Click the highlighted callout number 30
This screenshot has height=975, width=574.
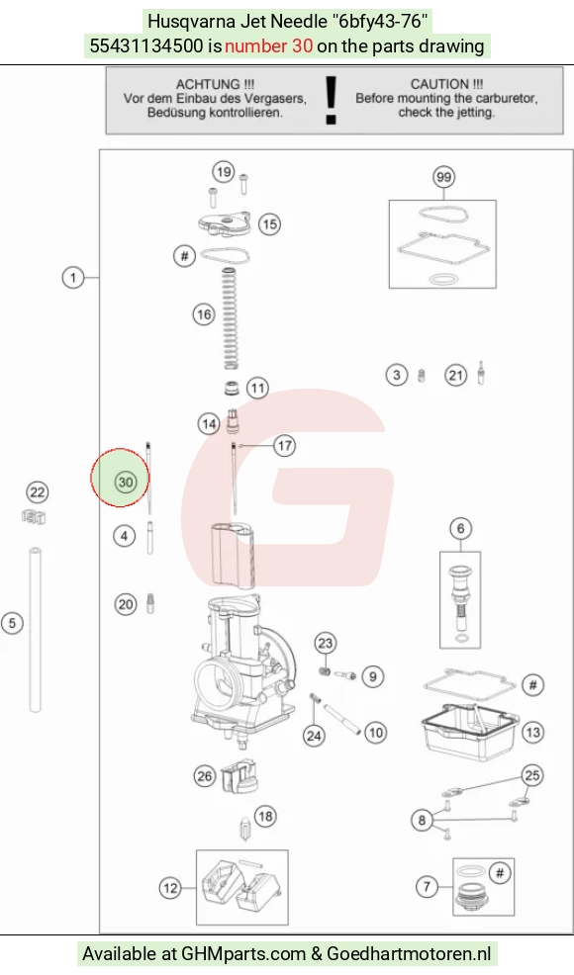point(126,482)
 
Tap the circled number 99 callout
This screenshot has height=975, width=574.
point(443,177)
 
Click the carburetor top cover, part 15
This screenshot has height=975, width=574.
point(225,224)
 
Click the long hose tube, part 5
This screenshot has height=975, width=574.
point(35,629)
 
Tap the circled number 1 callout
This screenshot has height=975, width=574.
point(73,277)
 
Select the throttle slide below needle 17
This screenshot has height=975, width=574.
point(233,554)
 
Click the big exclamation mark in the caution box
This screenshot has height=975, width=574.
point(332,100)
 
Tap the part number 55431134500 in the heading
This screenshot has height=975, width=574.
point(146,46)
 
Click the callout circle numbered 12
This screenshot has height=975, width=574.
point(170,888)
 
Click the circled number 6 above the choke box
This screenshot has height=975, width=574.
point(461,529)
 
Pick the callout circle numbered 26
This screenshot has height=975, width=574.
point(204,776)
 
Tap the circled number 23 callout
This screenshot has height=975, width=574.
point(326,643)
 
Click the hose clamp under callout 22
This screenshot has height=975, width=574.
point(34,516)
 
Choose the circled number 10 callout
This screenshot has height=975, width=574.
point(375,733)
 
